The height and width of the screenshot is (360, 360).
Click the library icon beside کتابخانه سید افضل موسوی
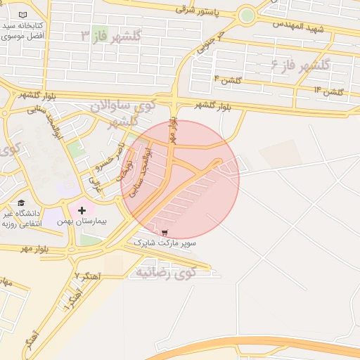pyautogui.click(x=23, y=15)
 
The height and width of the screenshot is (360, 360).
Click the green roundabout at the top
pyautogui.click(x=246, y=15)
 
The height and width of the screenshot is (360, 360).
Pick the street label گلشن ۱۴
pyautogui.click(x=328, y=91)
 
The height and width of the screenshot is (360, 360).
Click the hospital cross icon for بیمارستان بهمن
pyautogui.click(x=82, y=209)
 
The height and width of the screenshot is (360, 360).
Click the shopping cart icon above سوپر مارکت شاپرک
pyautogui.click(x=165, y=232)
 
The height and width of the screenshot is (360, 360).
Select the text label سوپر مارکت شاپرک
pyautogui.click(x=165, y=243)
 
